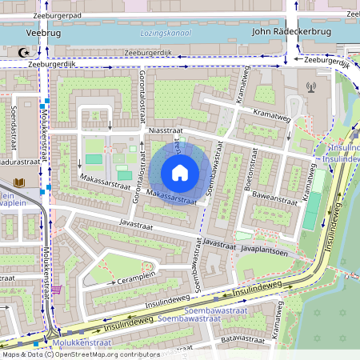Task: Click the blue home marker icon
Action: (x=180, y=173)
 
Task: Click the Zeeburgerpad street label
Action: (x=58, y=15)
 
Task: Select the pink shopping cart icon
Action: (x=58, y=289)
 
